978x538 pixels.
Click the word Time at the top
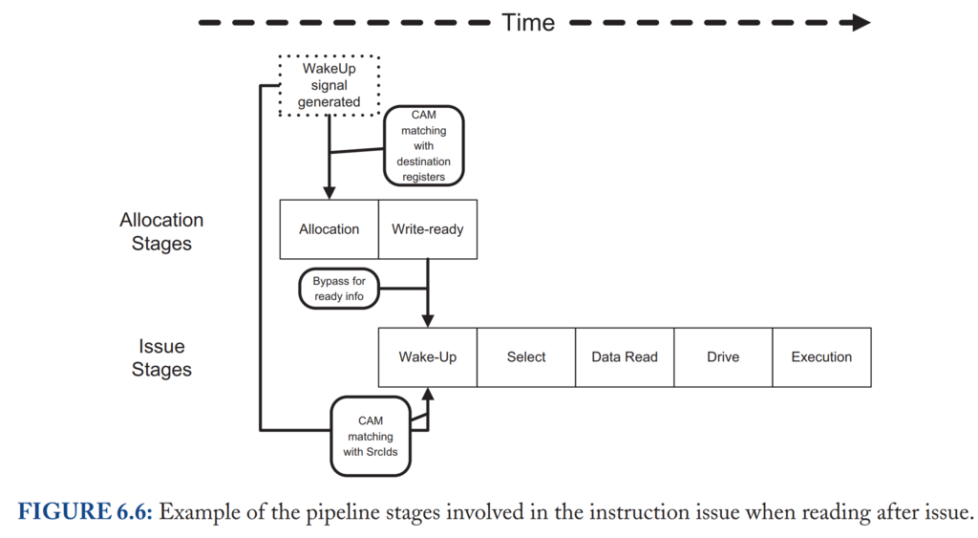click(528, 23)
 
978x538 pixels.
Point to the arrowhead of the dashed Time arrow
click(861, 23)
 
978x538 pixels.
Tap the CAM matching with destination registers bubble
click(423, 145)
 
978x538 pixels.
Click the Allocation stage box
click(330, 229)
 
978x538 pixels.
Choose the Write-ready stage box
click(428, 229)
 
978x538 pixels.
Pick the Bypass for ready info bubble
click(339, 289)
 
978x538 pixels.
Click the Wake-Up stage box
click(428, 357)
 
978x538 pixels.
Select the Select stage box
click(526, 357)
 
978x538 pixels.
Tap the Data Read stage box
click(625, 357)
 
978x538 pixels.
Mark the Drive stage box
click(724, 357)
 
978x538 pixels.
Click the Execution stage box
click(822, 357)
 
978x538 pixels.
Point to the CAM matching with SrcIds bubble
click(371, 437)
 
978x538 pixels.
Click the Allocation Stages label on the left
click(161, 231)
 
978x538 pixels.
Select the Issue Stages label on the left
click(161, 357)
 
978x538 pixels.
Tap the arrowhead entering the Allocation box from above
click(330, 193)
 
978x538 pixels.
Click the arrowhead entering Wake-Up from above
click(428, 321)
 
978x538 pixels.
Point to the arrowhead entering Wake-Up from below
click(428, 394)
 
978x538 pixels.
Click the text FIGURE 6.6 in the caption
click(85, 512)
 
